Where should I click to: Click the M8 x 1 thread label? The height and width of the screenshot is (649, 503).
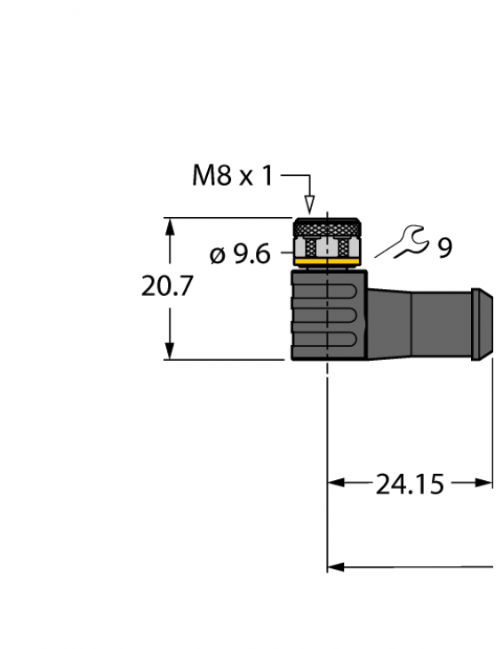(x=233, y=175)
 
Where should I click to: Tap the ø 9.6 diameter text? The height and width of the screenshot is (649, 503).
(x=239, y=255)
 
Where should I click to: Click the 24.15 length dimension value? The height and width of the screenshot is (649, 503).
(x=410, y=484)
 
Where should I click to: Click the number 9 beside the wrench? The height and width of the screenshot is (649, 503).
(x=443, y=247)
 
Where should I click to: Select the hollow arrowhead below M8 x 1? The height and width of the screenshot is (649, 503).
(x=309, y=206)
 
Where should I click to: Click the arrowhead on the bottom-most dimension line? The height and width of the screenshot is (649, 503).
(x=335, y=566)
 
